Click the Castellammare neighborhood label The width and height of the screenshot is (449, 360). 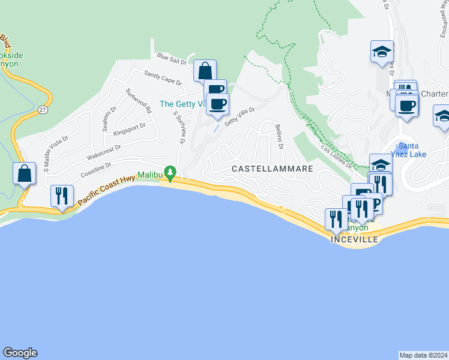click(x=273, y=169)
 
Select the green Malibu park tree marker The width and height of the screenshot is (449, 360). click(x=170, y=174)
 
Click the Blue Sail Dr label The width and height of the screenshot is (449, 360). click(x=172, y=58)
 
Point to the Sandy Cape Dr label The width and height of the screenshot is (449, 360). click(x=162, y=76)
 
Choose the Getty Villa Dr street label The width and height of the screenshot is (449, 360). click(x=240, y=117)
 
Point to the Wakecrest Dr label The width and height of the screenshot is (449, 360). click(x=104, y=151)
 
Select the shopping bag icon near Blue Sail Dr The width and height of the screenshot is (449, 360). click(x=205, y=71)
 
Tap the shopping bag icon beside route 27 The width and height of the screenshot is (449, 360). click(x=23, y=174)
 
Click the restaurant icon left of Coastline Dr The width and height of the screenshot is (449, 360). click(x=62, y=196)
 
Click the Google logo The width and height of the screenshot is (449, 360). click(x=20, y=353)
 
